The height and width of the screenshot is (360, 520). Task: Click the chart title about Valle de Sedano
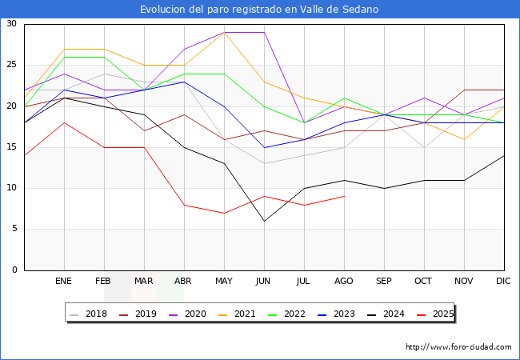[259, 10]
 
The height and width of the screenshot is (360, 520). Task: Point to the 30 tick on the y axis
[11, 24]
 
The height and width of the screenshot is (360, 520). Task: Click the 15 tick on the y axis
[11, 147]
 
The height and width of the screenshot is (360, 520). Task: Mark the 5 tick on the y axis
[14, 229]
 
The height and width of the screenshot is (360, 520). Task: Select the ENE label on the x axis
[64, 282]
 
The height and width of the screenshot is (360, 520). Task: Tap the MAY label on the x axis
[224, 282]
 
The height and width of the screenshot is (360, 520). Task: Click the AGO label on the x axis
[344, 282]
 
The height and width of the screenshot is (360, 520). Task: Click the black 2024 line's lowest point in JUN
[264, 221]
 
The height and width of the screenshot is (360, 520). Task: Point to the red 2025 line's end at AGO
[344, 196]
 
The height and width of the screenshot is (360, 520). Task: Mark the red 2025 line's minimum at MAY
[224, 213]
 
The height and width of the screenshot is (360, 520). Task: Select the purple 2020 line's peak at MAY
[224, 33]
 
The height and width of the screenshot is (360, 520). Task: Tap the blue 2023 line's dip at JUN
[264, 147]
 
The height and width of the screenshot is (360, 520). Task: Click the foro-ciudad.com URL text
[458, 347]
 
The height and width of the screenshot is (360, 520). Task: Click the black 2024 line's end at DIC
[504, 155]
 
